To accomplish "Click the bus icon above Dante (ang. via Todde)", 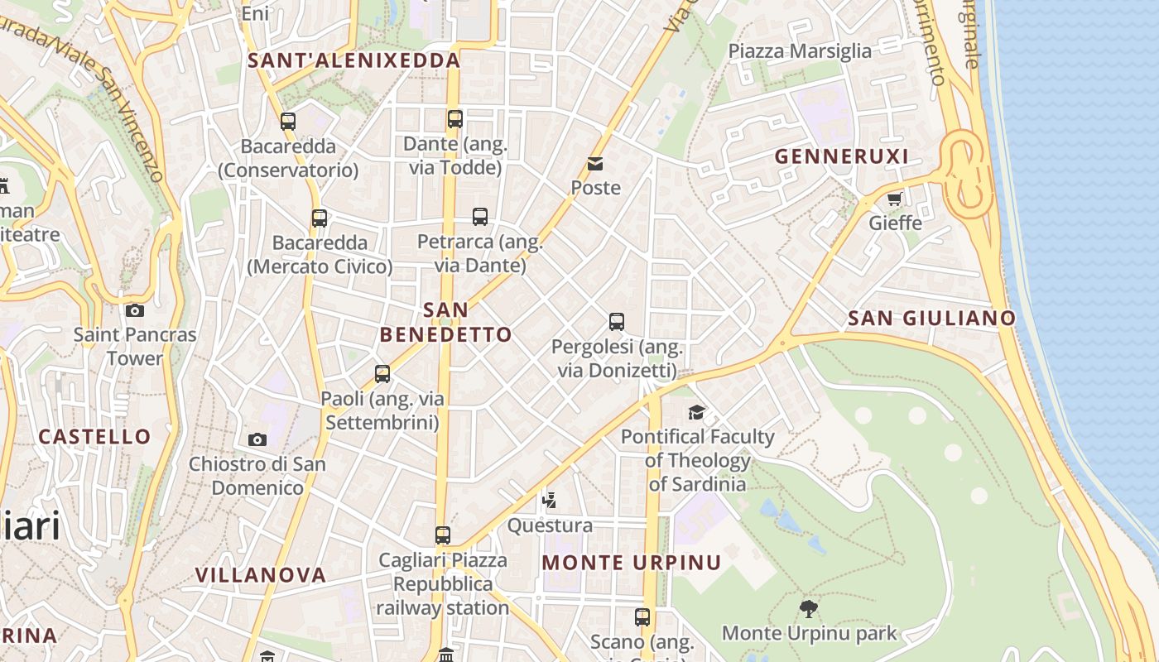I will pos(454,119).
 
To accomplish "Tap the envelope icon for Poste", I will pos(595,164).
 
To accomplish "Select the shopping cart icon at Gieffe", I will pos(894,199).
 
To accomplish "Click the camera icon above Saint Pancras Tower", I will pos(135,311).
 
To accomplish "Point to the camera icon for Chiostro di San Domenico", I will pos(257,439).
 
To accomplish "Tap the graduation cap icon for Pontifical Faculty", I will pos(697,412).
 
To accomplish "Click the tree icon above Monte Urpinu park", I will pos(809,609).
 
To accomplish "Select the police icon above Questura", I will pos(549,500).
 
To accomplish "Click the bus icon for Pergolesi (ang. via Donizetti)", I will pos(616,322).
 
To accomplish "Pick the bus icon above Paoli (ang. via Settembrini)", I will pos(382,374).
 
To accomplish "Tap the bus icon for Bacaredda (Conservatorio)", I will pos(288,122).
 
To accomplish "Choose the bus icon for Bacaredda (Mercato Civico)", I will pos(320,218).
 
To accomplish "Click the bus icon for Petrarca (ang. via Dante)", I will pos(480,217).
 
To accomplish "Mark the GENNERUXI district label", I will pos(841,156).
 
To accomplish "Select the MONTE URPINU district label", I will pos(631,563).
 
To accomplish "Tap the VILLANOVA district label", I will pos(260,574).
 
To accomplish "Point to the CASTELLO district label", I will pos(94,436).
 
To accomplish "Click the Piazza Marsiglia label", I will pos(799,51).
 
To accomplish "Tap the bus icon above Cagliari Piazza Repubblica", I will pos(443,535).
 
